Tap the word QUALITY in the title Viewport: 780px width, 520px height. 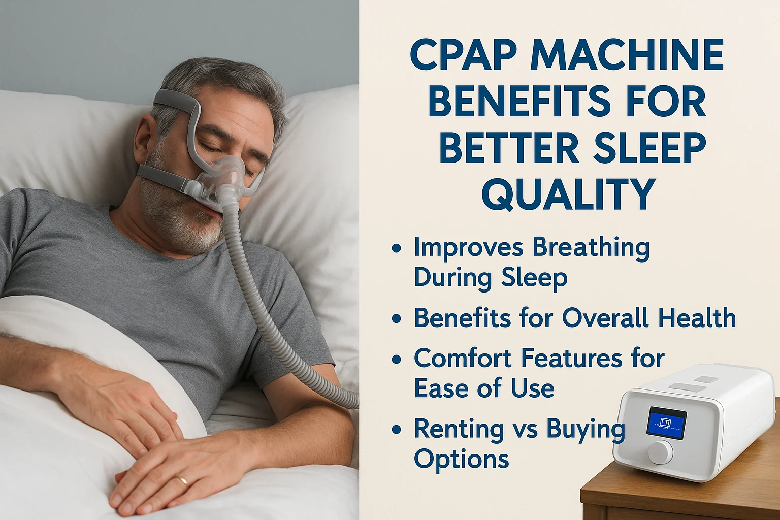tap(568, 194)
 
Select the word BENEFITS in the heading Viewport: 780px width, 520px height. tap(519, 101)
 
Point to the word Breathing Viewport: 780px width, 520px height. tap(591, 248)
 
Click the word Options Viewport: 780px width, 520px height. tap(461, 460)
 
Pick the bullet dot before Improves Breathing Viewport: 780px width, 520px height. tap(397, 248)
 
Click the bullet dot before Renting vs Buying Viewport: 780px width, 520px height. tap(397, 430)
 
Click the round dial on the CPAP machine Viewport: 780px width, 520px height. tap(660, 451)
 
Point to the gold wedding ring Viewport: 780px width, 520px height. tap(181, 480)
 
